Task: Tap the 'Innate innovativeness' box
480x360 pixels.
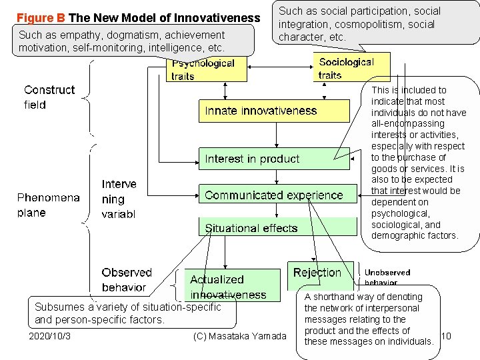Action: pyautogui.click(x=274, y=111)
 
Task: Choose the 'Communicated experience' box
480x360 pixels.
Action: pyautogui.click(x=274, y=195)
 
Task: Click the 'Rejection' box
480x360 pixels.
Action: pyautogui.click(x=317, y=273)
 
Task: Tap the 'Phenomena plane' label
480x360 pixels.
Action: pyautogui.click(x=48, y=205)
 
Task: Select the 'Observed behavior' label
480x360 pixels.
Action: pyautogui.click(x=127, y=280)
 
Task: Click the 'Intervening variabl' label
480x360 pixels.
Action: pyautogui.click(x=119, y=199)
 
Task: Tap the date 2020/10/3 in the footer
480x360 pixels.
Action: pyautogui.click(x=50, y=336)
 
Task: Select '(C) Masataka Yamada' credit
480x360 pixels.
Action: pyautogui.click(x=239, y=336)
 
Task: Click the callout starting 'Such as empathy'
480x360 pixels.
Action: pyautogui.click(x=133, y=41)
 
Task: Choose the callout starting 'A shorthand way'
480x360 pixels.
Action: pyautogui.click(x=368, y=319)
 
